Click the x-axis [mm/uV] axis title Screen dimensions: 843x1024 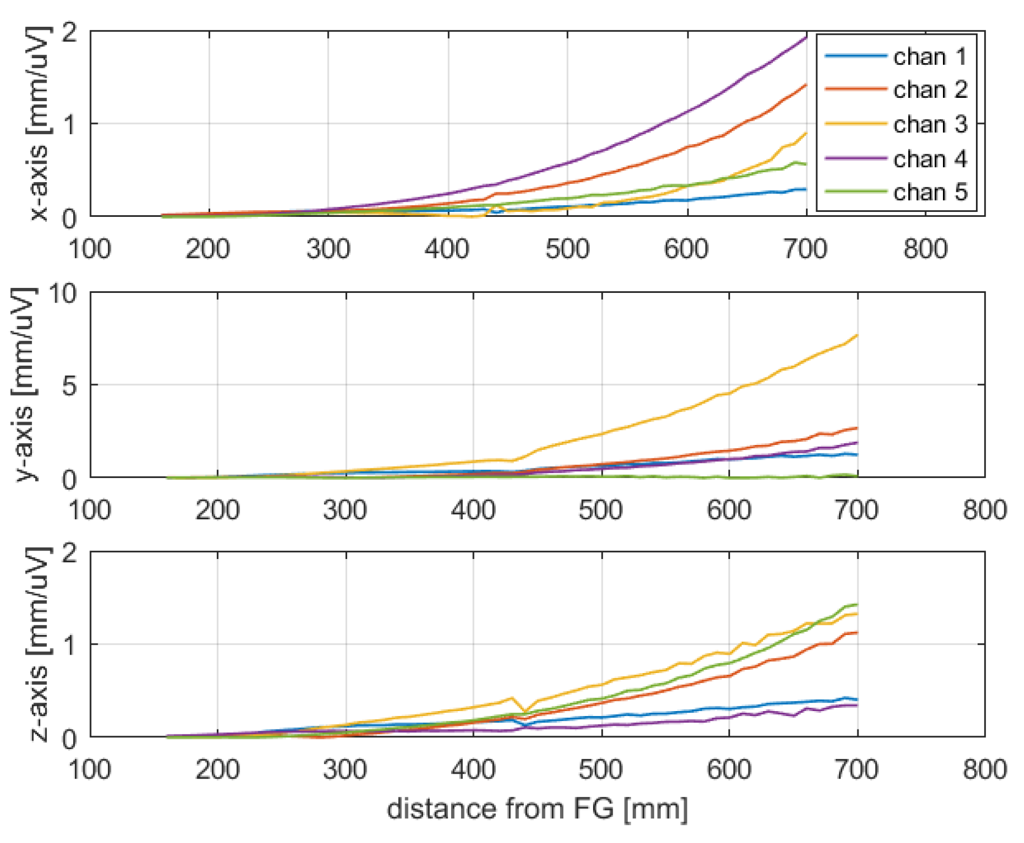tap(38, 123)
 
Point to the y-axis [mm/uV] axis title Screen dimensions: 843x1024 tap(23, 385)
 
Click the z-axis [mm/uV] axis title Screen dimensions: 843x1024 tap(38, 644)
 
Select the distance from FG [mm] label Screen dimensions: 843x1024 tap(537, 808)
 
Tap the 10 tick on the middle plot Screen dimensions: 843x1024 tap(62, 293)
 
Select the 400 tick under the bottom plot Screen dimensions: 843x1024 tap(473, 770)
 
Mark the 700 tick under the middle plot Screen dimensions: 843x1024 tap(856, 510)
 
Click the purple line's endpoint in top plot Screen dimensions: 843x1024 tap(806, 37)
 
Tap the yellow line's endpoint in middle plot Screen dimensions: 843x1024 tap(857, 335)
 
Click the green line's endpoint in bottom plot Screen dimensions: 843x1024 tap(857, 605)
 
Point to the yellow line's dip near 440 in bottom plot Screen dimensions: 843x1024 tap(524, 712)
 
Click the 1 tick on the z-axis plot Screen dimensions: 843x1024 tap(70, 645)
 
